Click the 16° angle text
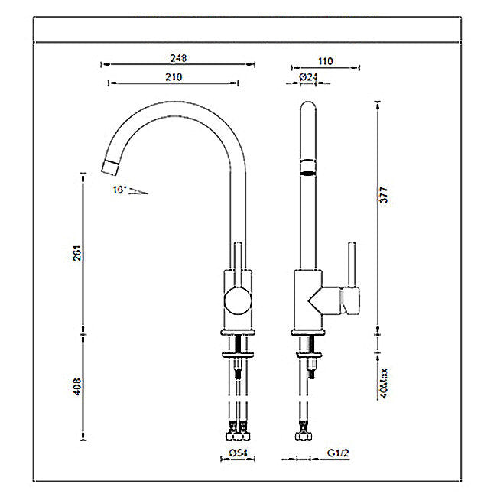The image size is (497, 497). click(118, 187)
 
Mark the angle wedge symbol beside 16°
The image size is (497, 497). click(138, 190)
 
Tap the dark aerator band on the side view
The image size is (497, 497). click(306, 168)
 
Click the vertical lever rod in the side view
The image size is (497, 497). click(352, 264)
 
